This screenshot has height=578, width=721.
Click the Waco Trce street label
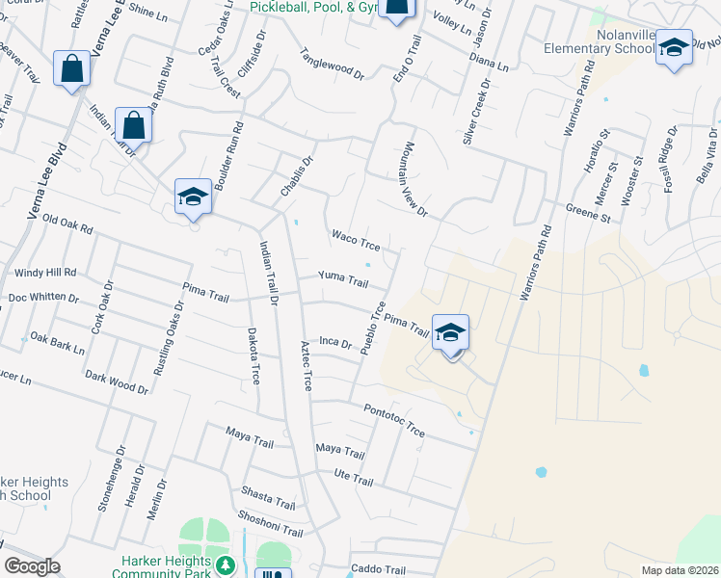coord(356,240)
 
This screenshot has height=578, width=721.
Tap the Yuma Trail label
coord(344,281)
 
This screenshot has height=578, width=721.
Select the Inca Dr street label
coord(336,342)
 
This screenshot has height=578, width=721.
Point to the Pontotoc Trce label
coord(394,419)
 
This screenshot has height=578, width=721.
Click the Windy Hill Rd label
coord(42,274)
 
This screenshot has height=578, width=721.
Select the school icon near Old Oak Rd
coord(193,197)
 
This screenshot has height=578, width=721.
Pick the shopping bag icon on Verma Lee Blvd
coord(72,68)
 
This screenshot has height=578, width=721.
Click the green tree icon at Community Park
coord(225,565)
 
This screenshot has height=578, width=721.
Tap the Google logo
coord(32,566)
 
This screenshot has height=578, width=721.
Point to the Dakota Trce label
coord(255,354)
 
